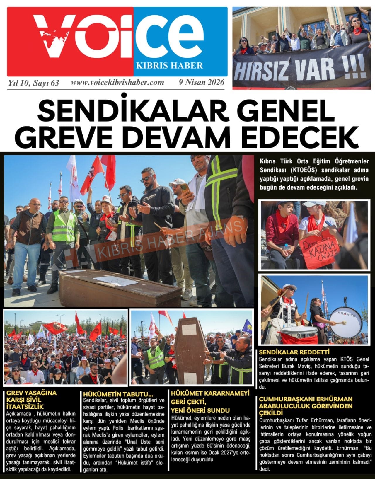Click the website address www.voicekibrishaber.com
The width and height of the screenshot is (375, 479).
click(x=117, y=82)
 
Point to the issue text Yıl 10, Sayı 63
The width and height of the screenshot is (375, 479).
click(x=34, y=83)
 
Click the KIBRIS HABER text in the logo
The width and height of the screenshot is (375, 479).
click(x=169, y=65)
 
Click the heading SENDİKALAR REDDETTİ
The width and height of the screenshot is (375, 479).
click(x=290, y=352)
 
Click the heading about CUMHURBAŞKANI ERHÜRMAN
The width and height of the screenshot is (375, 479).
click(x=306, y=406)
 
